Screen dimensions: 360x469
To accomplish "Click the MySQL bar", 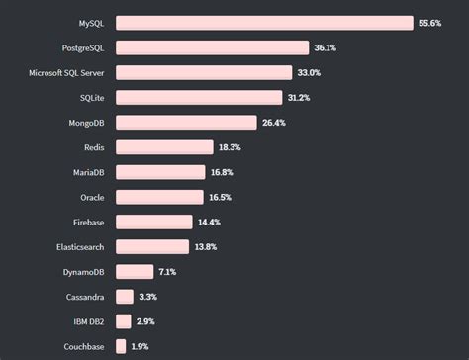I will point(263,23).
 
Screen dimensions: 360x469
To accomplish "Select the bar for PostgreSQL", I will point(212,47).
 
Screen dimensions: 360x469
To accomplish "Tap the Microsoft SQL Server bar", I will point(204,72).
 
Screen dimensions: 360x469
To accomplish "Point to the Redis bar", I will point(164,147).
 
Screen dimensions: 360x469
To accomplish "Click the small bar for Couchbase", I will point(121,346).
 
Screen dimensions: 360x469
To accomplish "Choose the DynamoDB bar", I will point(135,272).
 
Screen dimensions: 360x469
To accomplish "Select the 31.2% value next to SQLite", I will point(301,97).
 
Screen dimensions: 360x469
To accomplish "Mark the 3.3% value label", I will point(148,297).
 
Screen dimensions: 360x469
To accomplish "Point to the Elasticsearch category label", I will point(77,246).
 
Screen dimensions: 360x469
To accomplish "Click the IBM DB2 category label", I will point(85,321).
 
